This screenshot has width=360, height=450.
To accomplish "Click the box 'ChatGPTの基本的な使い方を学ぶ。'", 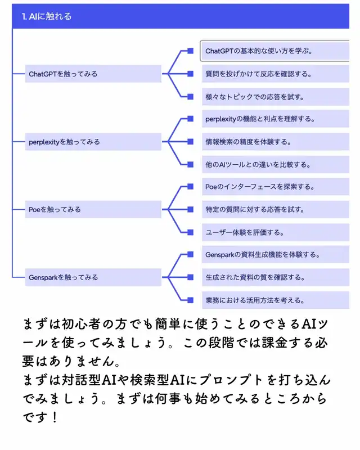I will click(x=276, y=51).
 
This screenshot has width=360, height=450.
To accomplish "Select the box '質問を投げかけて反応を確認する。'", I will click(x=276, y=74).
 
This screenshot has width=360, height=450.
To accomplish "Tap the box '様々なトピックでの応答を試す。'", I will click(x=276, y=97).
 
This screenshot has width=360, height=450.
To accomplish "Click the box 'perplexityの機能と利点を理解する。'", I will click(x=276, y=119).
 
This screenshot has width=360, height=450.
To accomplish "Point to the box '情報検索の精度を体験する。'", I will click(x=276, y=142).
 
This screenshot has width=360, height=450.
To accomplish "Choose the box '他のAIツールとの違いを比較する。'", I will click(x=276, y=165).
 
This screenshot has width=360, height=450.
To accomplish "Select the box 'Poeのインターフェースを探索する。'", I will click(x=276, y=186).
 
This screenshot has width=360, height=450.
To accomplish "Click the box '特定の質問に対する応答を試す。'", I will click(x=276, y=209).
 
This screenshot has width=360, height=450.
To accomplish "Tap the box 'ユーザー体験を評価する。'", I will click(x=276, y=232).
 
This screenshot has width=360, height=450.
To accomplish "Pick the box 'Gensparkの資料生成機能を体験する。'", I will click(x=276, y=254).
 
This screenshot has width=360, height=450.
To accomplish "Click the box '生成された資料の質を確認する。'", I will click(x=276, y=277).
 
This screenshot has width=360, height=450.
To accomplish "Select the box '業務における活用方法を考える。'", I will click(x=276, y=300).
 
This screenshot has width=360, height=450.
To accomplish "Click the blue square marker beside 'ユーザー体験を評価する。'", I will click(x=190, y=232).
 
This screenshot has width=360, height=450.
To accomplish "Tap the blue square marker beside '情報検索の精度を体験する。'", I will click(x=190, y=142).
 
